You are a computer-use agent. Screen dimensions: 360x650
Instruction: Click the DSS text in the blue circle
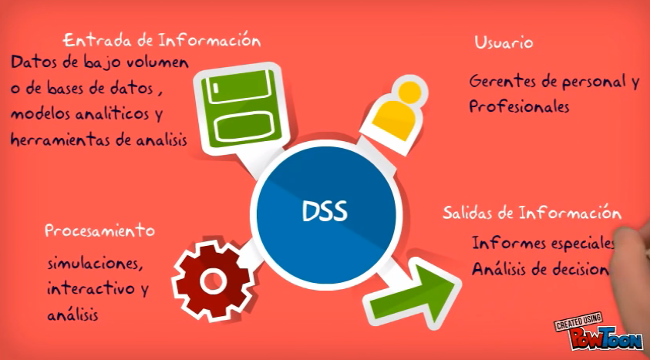(325, 210)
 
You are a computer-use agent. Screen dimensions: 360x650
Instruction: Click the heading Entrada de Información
(161, 39)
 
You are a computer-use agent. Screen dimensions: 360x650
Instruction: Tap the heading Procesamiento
(99, 230)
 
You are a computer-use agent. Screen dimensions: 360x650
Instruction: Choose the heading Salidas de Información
(532, 212)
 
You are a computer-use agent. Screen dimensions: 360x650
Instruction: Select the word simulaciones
(94, 264)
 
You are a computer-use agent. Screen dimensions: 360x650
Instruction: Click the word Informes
(505, 244)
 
